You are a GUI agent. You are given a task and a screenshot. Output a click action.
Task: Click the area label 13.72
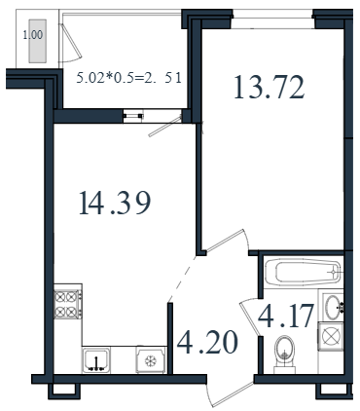[x=270, y=87]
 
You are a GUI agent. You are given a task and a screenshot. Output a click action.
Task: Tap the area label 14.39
[x=115, y=204]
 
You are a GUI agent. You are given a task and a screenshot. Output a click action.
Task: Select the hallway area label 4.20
[x=207, y=343]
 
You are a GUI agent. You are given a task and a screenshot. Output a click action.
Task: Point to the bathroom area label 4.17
[x=286, y=316]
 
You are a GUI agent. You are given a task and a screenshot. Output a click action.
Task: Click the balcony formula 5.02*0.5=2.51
[x=128, y=79]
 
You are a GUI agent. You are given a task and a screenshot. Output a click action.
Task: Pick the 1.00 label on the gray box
[x=33, y=35]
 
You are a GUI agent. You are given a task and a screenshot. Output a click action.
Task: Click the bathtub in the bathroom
[x=303, y=272]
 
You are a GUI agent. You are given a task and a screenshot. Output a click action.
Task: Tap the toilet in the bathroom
[x=285, y=355]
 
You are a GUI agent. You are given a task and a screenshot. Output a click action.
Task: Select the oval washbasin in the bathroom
[x=334, y=307]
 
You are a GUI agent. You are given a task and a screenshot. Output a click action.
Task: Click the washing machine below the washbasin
[x=330, y=336]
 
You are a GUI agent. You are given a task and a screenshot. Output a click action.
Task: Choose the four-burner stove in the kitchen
[x=67, y=304]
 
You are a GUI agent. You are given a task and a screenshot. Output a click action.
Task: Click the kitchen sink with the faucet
[x=96, y=359]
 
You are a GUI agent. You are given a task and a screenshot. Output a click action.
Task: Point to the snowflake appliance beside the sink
[x=151, y=359]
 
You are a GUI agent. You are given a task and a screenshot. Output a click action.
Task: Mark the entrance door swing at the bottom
[x=231, y=393]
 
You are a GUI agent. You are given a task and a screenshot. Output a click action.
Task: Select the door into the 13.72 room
[x=227, y=241]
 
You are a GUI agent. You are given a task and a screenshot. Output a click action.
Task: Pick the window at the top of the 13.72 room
[x=272, y=19]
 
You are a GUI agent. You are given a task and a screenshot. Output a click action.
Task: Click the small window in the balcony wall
[x=133, y=116]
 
